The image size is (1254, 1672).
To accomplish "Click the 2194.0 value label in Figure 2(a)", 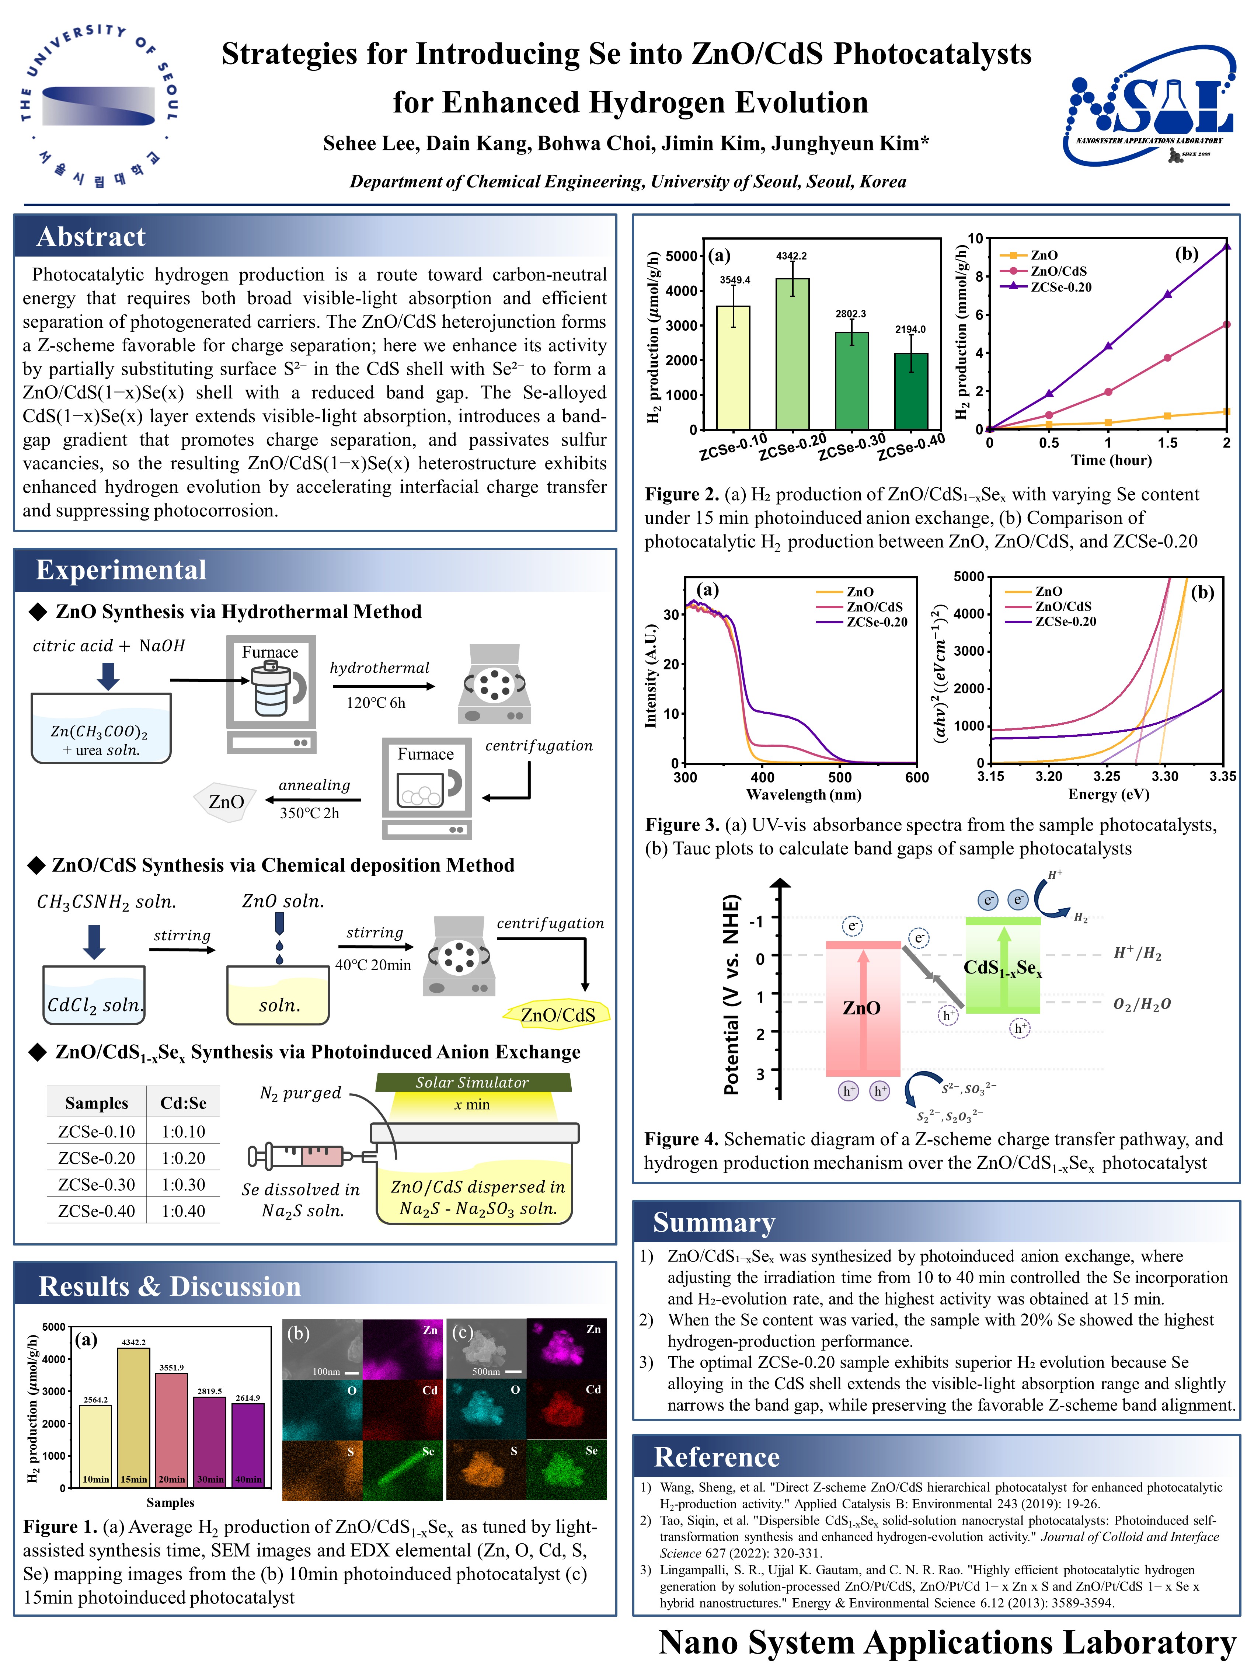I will click(910, 330).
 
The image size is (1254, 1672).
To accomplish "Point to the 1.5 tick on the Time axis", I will click(1167, 443).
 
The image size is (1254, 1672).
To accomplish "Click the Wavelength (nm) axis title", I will click(804, 794).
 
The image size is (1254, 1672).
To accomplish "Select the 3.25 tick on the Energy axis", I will click(1107, 776).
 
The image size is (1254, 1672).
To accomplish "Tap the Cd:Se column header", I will click(183, 1103).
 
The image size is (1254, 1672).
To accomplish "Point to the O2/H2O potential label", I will click(1141, 1004).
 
